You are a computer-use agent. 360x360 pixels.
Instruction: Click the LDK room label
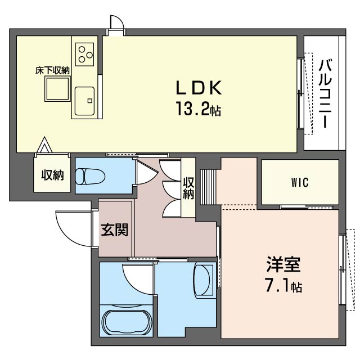pos(200,88)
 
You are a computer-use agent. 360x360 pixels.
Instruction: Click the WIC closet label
pos(300,182)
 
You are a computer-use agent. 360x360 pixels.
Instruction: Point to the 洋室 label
pos(283,265)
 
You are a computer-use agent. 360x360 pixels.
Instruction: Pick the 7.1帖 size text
pos(283,287)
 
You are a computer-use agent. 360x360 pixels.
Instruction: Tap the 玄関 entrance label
pos(115,229)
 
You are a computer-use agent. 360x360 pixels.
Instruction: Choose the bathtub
pos(127,323)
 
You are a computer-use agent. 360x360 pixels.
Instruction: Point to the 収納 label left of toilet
pos(52,175)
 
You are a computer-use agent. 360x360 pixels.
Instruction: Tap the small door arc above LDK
pos(117,22)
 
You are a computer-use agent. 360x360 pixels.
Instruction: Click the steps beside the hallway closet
pos(209,186)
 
